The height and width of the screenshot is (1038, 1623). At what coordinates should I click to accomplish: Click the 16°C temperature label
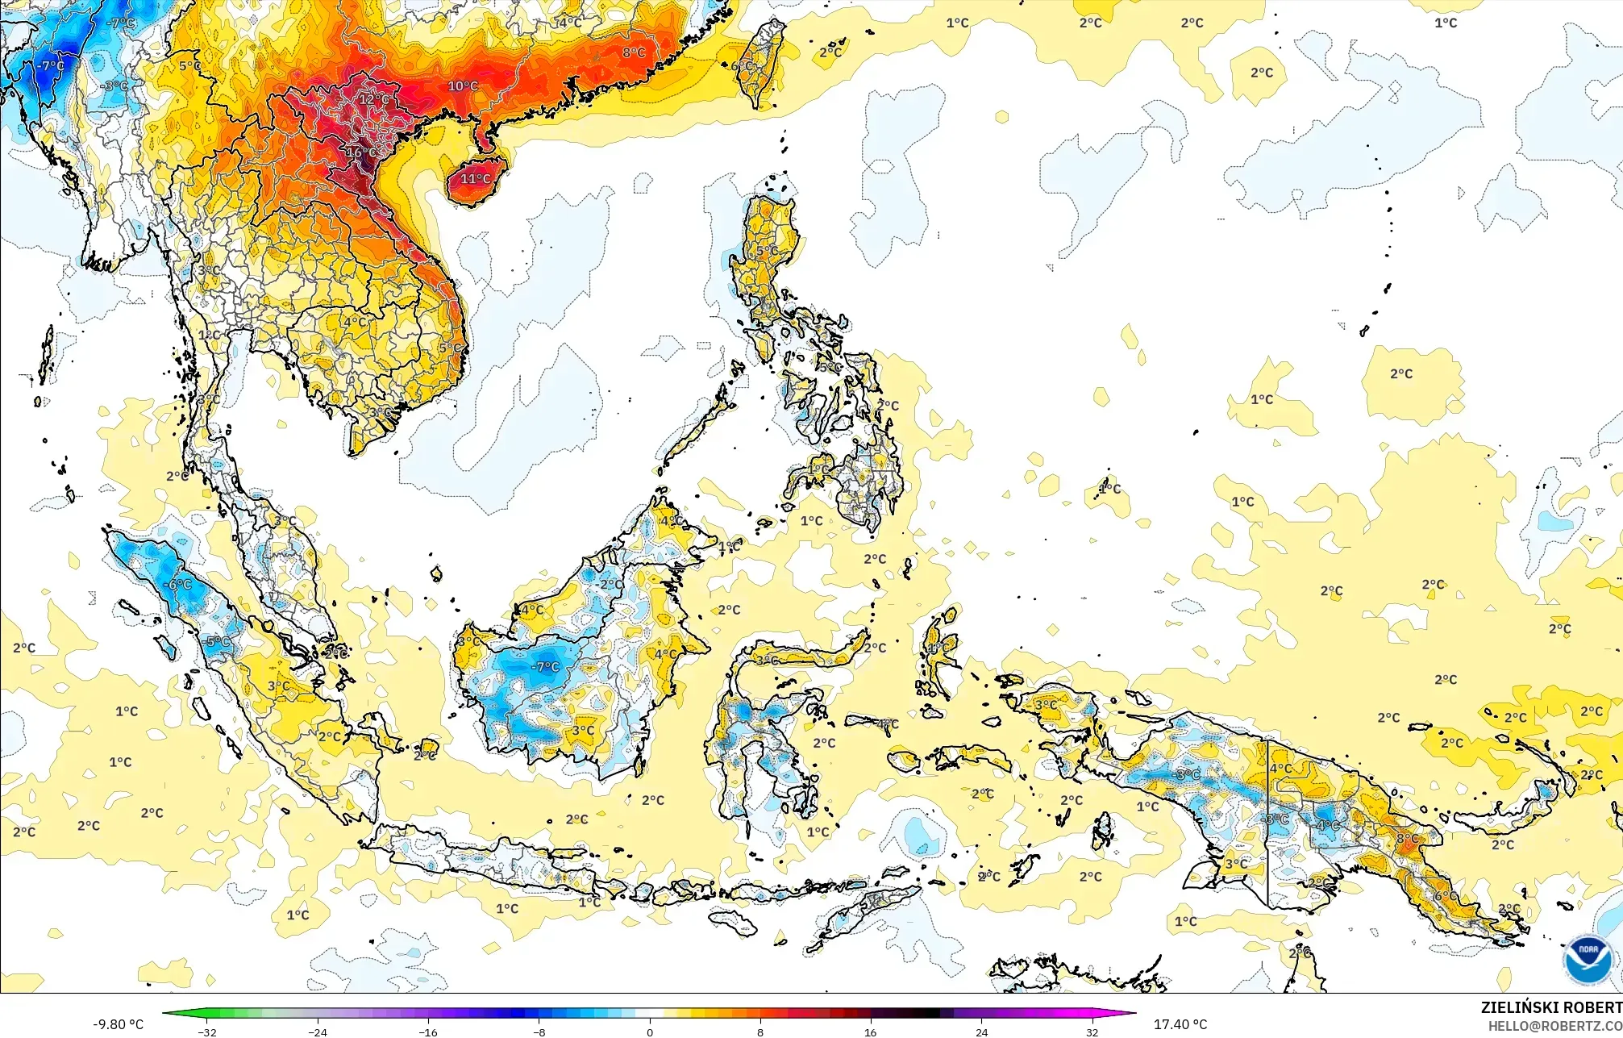tap(360, 152)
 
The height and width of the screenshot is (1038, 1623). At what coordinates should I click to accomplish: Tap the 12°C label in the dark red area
tap(373, 99)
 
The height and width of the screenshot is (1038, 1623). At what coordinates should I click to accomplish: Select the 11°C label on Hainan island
tap(475, 178)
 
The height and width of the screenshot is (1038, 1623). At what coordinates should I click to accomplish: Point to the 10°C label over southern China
tap(463, 85)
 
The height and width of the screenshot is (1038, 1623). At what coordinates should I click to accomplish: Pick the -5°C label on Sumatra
tap(215, 642)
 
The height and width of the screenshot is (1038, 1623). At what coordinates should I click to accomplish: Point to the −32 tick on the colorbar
tap(207, 1032)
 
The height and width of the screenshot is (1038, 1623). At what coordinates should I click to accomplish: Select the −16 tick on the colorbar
tap(428, 1032)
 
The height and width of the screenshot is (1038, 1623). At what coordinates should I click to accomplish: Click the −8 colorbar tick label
tap(539, 1032)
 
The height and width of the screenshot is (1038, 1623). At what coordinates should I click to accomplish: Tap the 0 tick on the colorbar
tap(650, 1032)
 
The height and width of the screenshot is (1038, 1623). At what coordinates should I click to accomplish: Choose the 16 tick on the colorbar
tap(871, 1032)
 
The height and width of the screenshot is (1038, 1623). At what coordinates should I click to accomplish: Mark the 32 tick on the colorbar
tap(1092, 1032)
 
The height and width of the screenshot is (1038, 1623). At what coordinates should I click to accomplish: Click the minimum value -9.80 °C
tap(119, 1024)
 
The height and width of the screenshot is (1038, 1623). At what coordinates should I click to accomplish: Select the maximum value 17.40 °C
tap(1180, 1024)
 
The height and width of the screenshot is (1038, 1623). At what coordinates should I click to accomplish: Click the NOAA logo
tap(1588, 960)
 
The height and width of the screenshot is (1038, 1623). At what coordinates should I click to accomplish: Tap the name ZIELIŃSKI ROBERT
tap(1551, 1007)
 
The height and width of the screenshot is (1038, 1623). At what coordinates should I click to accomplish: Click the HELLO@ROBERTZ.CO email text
tap(1555, 1026)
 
